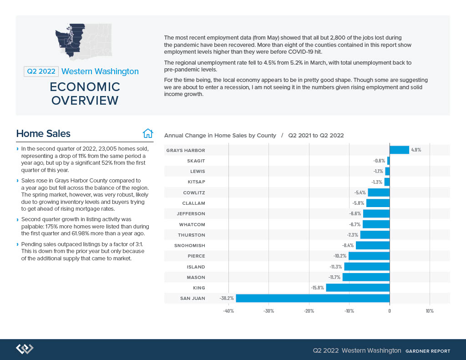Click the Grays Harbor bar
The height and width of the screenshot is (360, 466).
pos(399,150)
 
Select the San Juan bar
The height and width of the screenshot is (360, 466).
pos(313,298)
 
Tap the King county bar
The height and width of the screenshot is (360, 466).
pos(358,288)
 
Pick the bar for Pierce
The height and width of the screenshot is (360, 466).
pos(369,256)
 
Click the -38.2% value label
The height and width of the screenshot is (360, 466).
pos(227,298)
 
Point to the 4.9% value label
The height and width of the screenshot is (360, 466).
pos(416,150)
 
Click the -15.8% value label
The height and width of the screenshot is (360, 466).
pos(317,288)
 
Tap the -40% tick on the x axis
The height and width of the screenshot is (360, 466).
pos(228,311)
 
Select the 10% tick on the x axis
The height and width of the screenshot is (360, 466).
pos(430,311)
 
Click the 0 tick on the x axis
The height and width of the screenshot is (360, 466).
pos(390,311)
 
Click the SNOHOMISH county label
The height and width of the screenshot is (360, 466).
pos(190,246)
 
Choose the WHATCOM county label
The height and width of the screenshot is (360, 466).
pos(192,224)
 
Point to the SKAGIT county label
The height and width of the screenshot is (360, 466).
pos(196,161)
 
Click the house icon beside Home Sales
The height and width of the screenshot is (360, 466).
pos(148,133)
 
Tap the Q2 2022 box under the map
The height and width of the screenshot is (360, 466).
pos(41,71)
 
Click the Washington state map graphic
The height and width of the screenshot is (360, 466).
pos(84,40)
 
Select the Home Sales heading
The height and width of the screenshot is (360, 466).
pos(43,133)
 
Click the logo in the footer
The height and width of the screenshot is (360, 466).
pos(25,349)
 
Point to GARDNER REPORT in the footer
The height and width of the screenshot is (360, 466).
pos(428,351)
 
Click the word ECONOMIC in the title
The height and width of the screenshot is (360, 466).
pos(85,87)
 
